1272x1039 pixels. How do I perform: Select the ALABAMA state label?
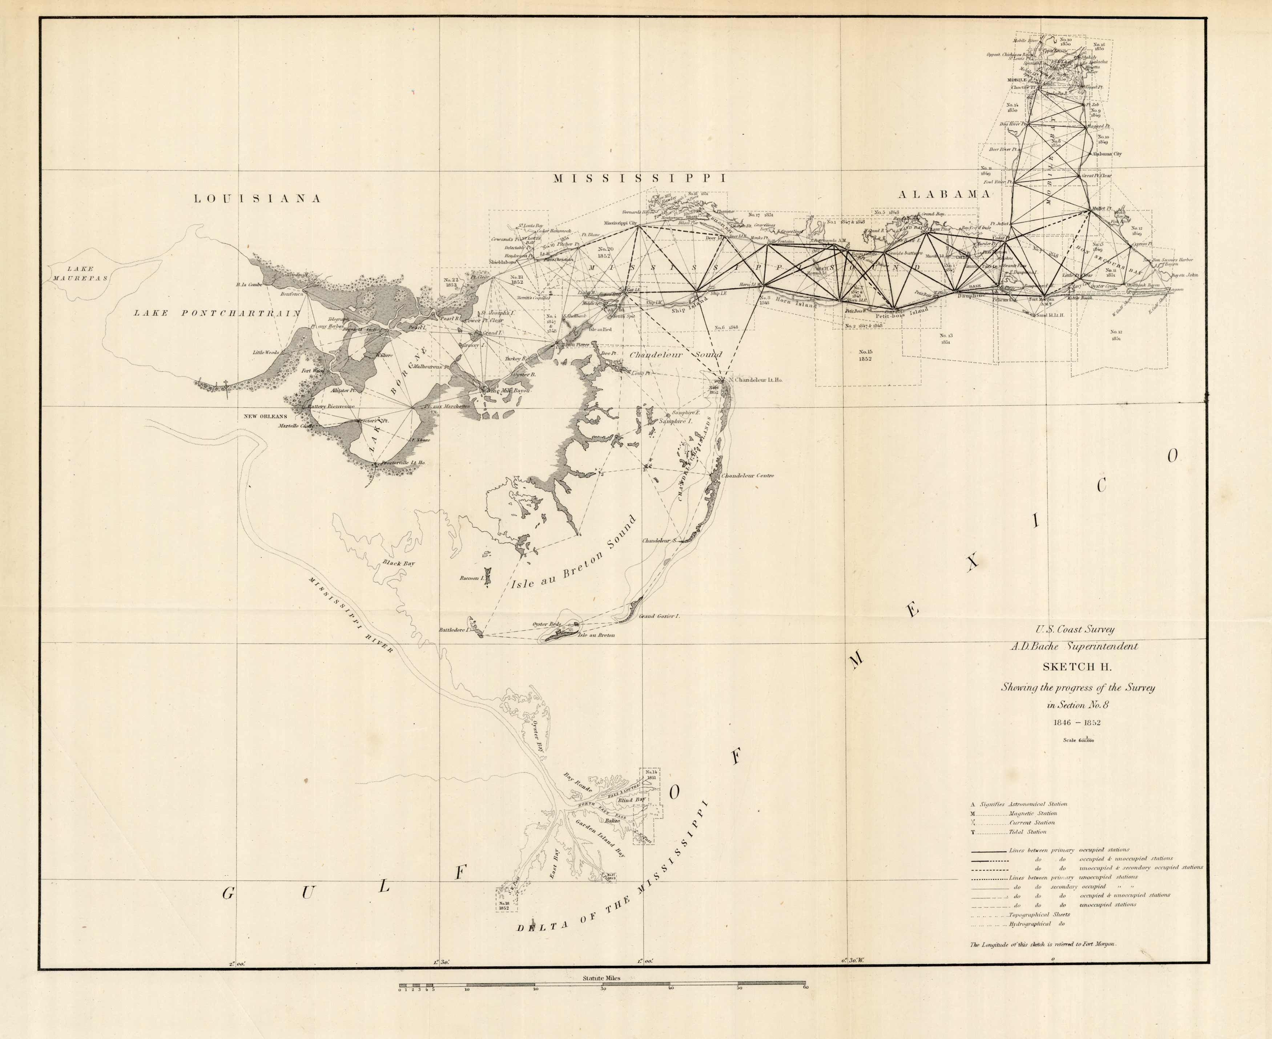click(945, 194)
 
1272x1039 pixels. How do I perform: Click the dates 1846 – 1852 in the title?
click(1078, 722)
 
